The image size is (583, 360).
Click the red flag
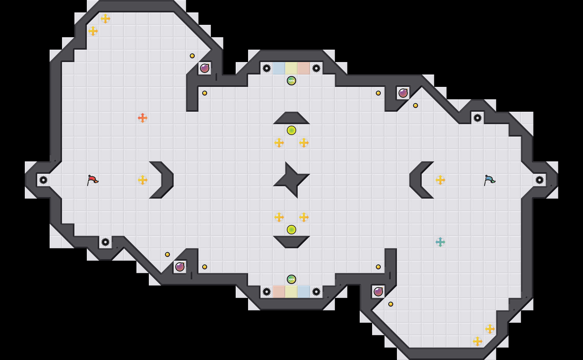click(x=92, y=180)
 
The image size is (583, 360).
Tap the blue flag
click(x=489, y=180)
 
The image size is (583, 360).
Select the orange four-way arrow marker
click(x=142, y=118)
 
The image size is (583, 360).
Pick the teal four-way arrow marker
click(x=440, y=242)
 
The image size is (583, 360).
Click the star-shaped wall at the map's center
click(x=291, y=180)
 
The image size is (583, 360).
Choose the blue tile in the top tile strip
click(x=279, y=68)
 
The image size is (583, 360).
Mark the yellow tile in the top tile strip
click(x=291, y=68)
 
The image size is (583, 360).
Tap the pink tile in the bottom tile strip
click(x=279, y=292)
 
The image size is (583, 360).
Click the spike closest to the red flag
click(x=43, y=180)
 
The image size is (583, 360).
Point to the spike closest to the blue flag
click(x=540, y=180)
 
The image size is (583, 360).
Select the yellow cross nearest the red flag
click(x=142, y=180)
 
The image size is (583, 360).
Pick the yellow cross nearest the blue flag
click(x=440, y=180)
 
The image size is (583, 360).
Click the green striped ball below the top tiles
click(x=291, y=81)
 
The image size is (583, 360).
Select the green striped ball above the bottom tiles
click(x=291, y=279)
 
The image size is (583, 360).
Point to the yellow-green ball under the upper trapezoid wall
click(x=291, y=130)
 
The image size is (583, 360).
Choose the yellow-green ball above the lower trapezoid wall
click(x=291, y=230)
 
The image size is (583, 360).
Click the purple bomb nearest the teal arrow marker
click(x=378, y=292)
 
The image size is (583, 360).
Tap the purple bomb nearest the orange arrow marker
click(x=204, y=68)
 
